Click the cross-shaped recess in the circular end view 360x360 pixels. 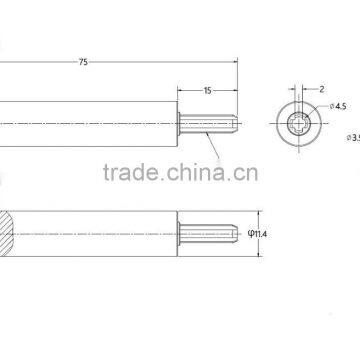click(301, 124)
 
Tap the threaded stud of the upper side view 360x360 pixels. click(209, 124)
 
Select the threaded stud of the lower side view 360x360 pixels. click(209, 236)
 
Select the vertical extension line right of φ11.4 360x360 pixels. click(241, 236)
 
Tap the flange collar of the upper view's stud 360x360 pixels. click(181, 124)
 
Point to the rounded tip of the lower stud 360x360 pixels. click(235, 236)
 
